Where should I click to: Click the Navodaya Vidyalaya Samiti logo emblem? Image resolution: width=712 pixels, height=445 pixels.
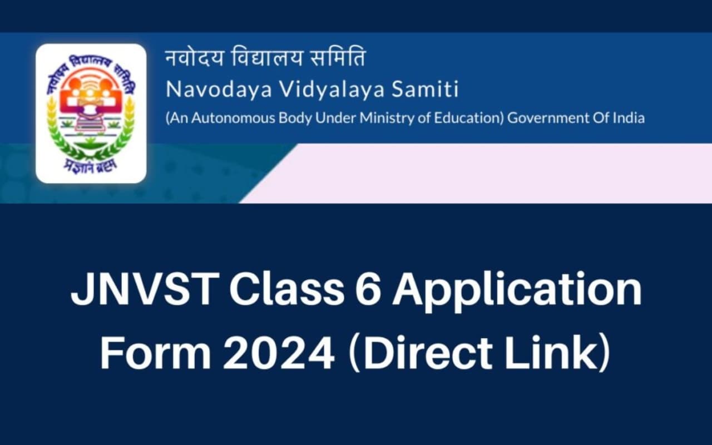point(91,113)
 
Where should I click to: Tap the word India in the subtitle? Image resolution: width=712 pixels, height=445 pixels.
point(628,118)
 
